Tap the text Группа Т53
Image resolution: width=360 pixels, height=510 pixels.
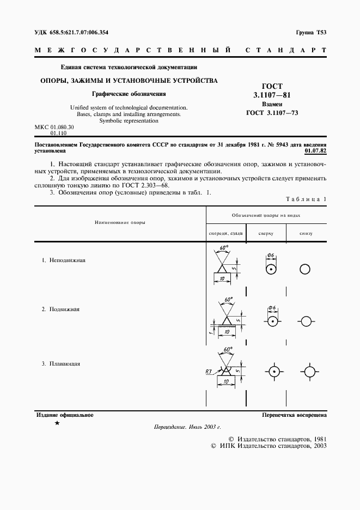(x=311, y=33)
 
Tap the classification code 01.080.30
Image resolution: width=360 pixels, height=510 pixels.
(x=63, y=127)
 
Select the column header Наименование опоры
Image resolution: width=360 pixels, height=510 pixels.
(x=119, y=222)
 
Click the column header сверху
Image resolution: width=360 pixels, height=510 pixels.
(x=266, y=233)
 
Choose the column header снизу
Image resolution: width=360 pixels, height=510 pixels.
(x=306, y=233)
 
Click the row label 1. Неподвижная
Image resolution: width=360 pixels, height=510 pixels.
(x=64, y=260)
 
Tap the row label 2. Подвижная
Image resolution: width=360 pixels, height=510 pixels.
(x=61, y=309)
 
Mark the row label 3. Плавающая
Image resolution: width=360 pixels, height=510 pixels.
(x=61, y=363)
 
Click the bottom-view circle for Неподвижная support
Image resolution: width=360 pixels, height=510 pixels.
(x=306, y=270)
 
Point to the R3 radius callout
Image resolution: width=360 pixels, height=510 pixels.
(x=209, y=372)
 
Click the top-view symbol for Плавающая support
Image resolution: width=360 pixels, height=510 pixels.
(x=273, y=372)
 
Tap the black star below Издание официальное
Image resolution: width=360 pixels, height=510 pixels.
(x=57, y=423)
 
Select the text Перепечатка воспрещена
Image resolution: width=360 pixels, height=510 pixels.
(x=294, y=415)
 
